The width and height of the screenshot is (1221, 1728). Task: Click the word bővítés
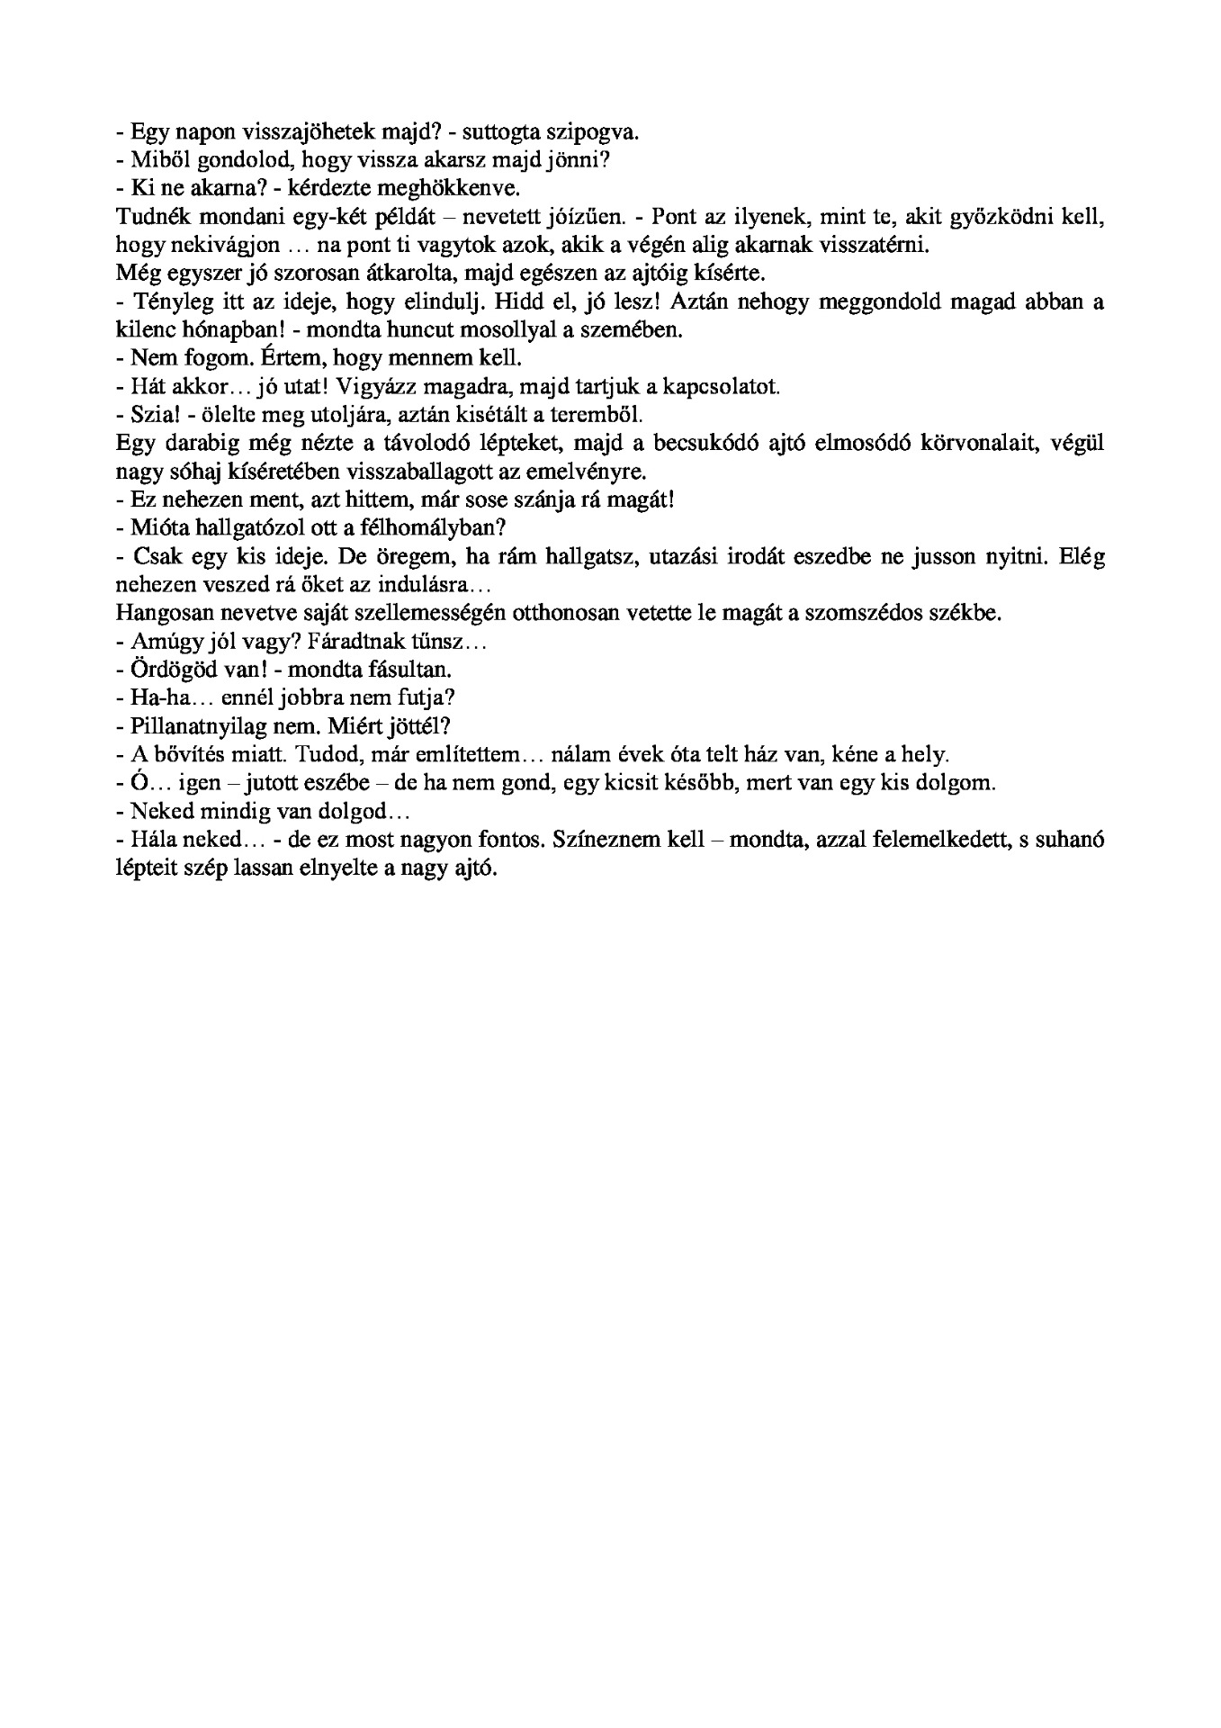[185, 755]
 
